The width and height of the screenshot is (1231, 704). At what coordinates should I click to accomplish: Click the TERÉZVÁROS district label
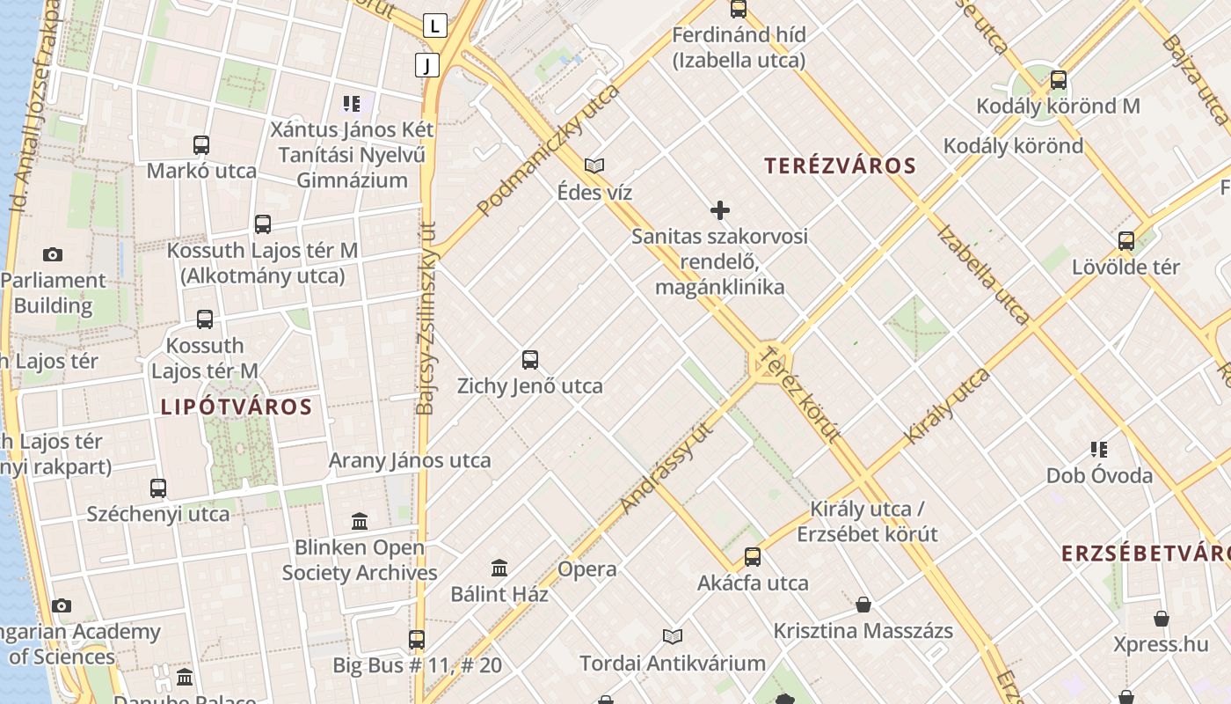[840, 165]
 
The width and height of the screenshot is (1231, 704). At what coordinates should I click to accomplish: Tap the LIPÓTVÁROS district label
[237, 407]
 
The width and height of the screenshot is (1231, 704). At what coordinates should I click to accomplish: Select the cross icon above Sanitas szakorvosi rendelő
[720, 210]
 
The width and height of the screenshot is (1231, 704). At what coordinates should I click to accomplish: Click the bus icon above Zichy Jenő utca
[529, 359]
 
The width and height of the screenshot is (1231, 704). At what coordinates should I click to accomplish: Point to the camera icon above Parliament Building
[53, 254]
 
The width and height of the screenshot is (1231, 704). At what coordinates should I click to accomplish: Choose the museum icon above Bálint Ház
[499, 568]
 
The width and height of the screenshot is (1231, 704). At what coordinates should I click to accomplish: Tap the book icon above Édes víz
[595, 165]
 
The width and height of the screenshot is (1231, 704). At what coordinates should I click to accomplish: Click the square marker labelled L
[434, 26]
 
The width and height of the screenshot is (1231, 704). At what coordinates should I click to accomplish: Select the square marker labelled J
[427, 64]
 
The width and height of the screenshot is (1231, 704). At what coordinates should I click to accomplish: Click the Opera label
[586, 568]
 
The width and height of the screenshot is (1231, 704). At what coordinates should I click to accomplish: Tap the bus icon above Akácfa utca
[753, 556]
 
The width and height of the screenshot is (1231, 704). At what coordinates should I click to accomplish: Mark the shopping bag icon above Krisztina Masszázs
[863, 605]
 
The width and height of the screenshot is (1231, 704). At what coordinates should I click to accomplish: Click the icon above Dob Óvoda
[1098, 450]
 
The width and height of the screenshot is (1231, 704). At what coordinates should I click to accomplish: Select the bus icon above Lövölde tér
[1125, 240]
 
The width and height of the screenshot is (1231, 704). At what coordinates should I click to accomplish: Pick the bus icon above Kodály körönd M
[1059, 80]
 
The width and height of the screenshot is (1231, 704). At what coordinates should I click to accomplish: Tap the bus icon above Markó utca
[201, 145]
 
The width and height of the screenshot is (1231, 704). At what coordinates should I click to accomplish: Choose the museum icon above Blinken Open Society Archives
[359, 521]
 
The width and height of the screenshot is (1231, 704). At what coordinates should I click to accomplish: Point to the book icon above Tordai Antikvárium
[673, 636]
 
